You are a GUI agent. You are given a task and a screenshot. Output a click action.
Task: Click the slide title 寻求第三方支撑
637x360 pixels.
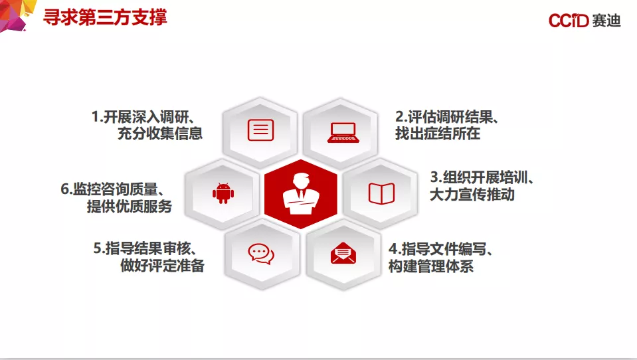[x=105, y=18]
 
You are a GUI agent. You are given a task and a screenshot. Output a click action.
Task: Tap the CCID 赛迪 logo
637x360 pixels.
[x=585, y=21]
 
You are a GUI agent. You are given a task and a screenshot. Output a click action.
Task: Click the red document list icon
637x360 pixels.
[x=260, y=130]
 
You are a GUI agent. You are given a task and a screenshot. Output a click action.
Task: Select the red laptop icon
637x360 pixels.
[x=343, y=132]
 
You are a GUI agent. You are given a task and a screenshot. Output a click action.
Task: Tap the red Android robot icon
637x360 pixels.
[x=223, y=193]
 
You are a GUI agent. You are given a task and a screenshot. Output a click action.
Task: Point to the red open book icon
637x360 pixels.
[x=381, y=193]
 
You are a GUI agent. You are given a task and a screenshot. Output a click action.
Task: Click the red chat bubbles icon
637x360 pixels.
[x=261, y=254]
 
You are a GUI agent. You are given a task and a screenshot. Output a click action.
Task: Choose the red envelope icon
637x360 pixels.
[x=343, y=253]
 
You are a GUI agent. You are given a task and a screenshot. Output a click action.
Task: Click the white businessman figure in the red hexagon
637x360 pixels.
[x=301, y=193]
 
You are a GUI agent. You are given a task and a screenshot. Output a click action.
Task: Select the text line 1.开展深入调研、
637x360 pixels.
[x=143, y=117]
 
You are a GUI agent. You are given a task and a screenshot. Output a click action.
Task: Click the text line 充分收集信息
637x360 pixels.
[x=160, y=134]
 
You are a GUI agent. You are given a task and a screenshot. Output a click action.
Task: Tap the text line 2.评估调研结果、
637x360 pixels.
[x=447, y=117]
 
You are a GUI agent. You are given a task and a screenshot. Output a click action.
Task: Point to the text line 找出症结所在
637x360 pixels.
[x=438, y=134]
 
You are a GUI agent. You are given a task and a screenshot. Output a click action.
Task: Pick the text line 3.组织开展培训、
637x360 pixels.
[x=482, y=177]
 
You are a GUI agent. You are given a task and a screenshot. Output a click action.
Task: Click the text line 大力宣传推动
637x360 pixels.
[x=472, y=195]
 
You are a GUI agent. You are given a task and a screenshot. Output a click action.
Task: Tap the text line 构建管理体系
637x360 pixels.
[x=431, y=266]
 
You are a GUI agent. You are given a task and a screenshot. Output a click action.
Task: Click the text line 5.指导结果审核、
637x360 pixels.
[x=145, y=248]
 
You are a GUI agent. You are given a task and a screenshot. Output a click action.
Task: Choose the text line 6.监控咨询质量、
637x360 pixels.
[x=112, y=189]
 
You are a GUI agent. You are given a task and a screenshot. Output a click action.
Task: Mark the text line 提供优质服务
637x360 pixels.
[x=129, y=207]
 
